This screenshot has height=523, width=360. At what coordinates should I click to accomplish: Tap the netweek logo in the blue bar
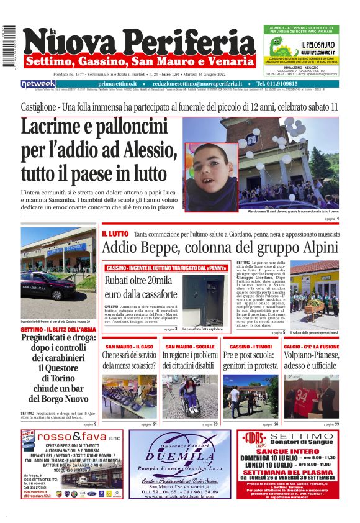38,84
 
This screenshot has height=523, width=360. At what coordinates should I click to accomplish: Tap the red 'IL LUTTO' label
115,234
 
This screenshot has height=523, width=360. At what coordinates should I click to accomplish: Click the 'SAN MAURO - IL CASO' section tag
130,347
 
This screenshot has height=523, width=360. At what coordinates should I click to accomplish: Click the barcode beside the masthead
9,47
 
